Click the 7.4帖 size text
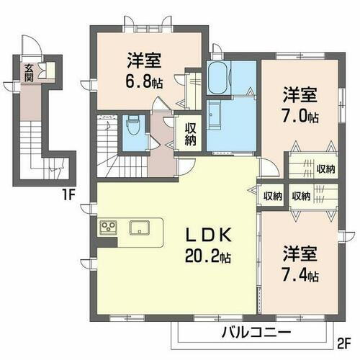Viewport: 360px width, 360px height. point(300,275)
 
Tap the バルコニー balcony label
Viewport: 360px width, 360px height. point(242,331)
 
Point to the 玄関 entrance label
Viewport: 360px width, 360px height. point(29,73)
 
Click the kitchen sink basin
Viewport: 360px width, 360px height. point(140,228)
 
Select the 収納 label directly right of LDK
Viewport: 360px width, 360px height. point(271,196)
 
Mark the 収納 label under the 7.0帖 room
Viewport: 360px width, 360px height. point(325,169)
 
